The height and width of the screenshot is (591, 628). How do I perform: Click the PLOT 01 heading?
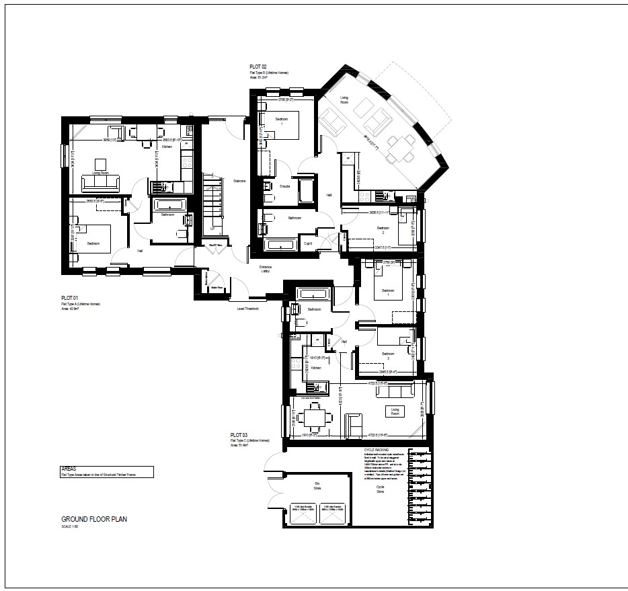click(70, 297)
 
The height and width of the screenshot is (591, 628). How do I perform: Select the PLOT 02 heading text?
click(259, 66)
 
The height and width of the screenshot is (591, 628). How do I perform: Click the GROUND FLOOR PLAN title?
click(94, 519)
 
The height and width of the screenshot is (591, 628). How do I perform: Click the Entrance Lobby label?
click(266, 270)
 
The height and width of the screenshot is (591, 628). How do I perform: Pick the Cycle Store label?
click(380, 489)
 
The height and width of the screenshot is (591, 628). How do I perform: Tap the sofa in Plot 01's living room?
click(101, 182)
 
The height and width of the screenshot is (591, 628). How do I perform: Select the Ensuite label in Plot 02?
click(285, 186)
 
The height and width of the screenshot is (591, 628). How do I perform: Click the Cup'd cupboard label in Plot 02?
click(308, 244)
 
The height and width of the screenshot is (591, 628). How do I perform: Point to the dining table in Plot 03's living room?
click(312, 418)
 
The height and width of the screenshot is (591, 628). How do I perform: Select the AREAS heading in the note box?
click(68, 468)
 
